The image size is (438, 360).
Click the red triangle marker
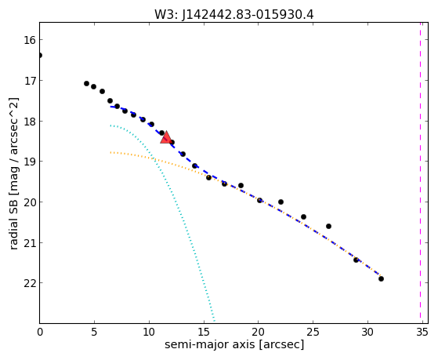[x=166, y=137]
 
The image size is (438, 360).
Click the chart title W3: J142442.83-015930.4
[x=233, y=14]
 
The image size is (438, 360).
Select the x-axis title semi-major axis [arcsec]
[x=234, y=344]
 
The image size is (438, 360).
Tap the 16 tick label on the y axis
[x=30, y=40]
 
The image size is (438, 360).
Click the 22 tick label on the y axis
[x=30, y=283]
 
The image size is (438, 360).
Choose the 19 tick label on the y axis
[x=30, y=162]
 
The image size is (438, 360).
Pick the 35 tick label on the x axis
[x=422, y=333]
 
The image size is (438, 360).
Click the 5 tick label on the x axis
[x=94, y=333]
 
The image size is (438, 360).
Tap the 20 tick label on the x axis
[x=258, y=333]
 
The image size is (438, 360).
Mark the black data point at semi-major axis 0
[x=40, y=56]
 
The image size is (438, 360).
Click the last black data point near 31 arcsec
[x=381, y=279]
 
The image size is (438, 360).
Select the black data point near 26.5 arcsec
[x=328, y=227]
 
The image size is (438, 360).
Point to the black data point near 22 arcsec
[x=281, y=202]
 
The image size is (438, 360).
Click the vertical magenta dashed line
[x=420, y=173]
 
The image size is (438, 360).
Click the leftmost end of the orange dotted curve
[x=110, y=152]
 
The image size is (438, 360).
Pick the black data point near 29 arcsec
[x=356, y=260]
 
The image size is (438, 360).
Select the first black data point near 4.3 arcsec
[x=87, y=84]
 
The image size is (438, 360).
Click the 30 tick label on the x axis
[x=367, y=333]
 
